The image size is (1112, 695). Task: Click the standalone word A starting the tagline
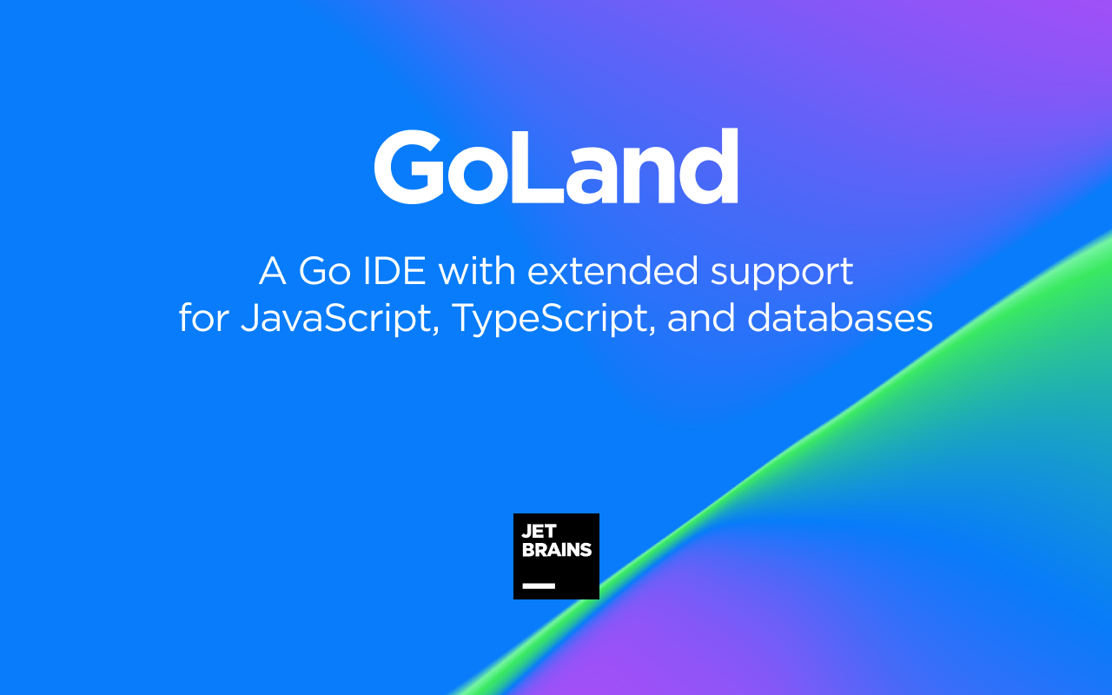tap(272, 272)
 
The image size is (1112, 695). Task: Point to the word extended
tap(612, 272)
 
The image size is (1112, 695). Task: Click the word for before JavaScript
tap(204, 318)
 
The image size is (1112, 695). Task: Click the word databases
tap(840, 318)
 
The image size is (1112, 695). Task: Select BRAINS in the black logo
tap(556, 550)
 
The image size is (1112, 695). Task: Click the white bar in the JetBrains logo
tap(538, 586)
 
